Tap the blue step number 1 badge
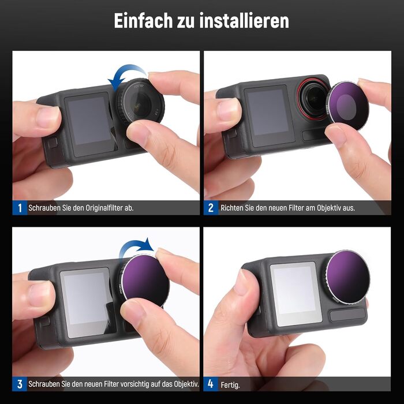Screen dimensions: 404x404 coord(20,208)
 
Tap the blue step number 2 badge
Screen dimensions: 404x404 coord(211,208)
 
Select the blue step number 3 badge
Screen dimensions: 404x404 coord(20,384)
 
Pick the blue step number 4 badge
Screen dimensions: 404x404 coord(211,384)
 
